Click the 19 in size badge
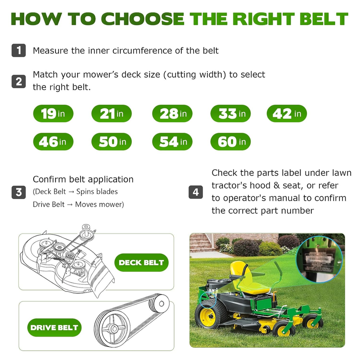[x=53, y=113]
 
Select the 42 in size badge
[x=287, y=113]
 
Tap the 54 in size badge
[x=172, y=141]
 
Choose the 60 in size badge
[x=230, y=141]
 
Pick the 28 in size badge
[x=172, y=113]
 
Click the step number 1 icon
[x=18, y=50]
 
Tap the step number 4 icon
[x=196, y=192]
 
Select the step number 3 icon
[x=18, y=192]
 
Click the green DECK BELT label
[x=141, y=262]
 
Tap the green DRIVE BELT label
[x=54, y=328]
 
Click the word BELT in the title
[x=324, y=18]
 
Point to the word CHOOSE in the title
[x=143, y=18]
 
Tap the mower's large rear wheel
[x=211, y=314]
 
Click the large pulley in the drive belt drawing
[x=112, y=328]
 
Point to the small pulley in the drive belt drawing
[x=159, y=303]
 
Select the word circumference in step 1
[x=142, y=50]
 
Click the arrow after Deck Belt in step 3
[x=71, y=192]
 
